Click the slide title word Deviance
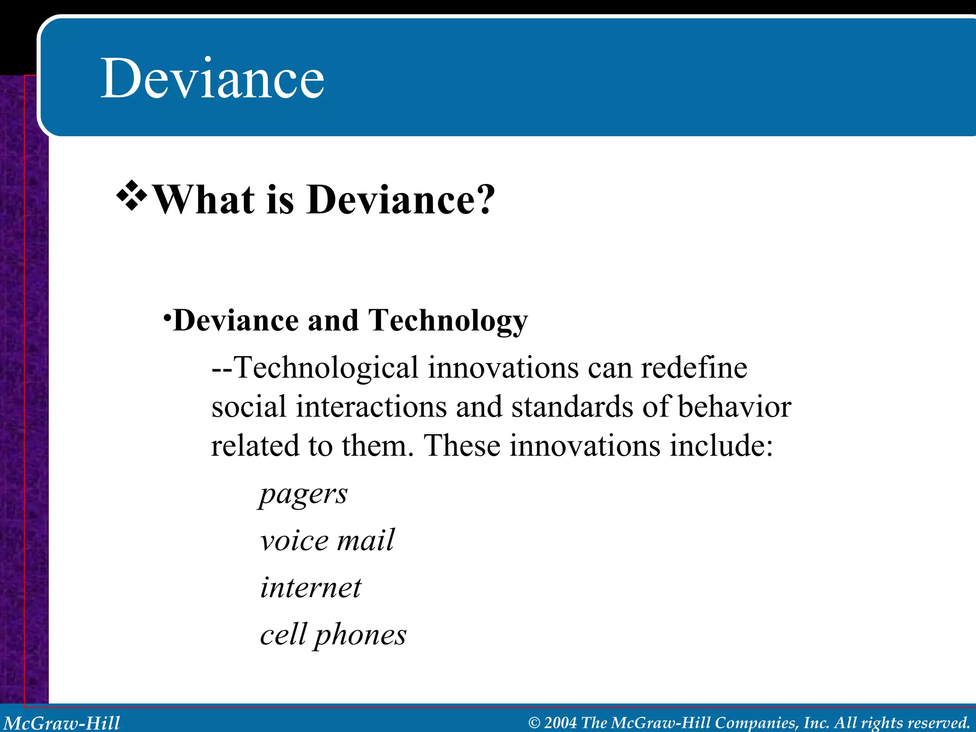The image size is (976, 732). pos(213,78)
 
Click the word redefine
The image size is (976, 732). pos(694,368)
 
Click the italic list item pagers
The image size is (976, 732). pos(304,494)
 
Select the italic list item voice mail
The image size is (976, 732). pos(327,540)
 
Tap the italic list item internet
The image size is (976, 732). pos(311,587)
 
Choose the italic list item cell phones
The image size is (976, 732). pos(333,635)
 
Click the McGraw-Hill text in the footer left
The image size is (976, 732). pos(62,723)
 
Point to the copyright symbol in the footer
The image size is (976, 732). pos(534,723)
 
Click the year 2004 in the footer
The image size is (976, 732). pos(560,723)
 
